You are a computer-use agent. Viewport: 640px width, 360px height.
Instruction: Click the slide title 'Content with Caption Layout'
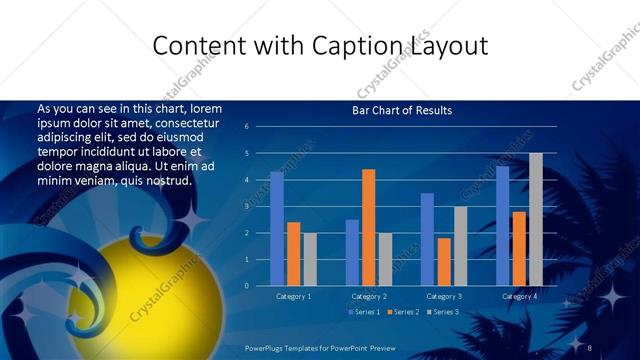click(320, 46)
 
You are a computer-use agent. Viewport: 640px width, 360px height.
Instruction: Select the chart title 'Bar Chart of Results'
click(402, 110)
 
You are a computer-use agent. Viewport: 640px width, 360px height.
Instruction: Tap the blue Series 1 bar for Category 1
click(277, 229)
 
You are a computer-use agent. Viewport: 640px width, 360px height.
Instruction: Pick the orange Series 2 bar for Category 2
click(369, 227)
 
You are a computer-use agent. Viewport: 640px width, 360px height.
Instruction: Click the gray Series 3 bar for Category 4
click(536, 219)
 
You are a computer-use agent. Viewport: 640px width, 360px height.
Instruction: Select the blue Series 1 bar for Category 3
click(427, 239)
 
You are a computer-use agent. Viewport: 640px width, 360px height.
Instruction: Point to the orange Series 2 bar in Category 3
click(444, 261)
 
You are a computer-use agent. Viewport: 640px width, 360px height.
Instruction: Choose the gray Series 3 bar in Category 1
click(310, 259)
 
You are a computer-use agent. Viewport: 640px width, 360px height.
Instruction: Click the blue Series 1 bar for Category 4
click(502, 226)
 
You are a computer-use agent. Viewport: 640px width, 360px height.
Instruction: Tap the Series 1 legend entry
click(363, 313)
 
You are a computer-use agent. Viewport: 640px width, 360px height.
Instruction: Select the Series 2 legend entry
click(402, 313)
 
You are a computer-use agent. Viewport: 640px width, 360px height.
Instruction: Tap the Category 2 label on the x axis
click(369, 296)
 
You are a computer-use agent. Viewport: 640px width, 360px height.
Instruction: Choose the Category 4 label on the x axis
click(519, 296)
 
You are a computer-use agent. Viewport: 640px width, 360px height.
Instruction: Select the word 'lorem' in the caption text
click(203, 108)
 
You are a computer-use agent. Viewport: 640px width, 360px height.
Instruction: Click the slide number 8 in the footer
click(590, 346)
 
